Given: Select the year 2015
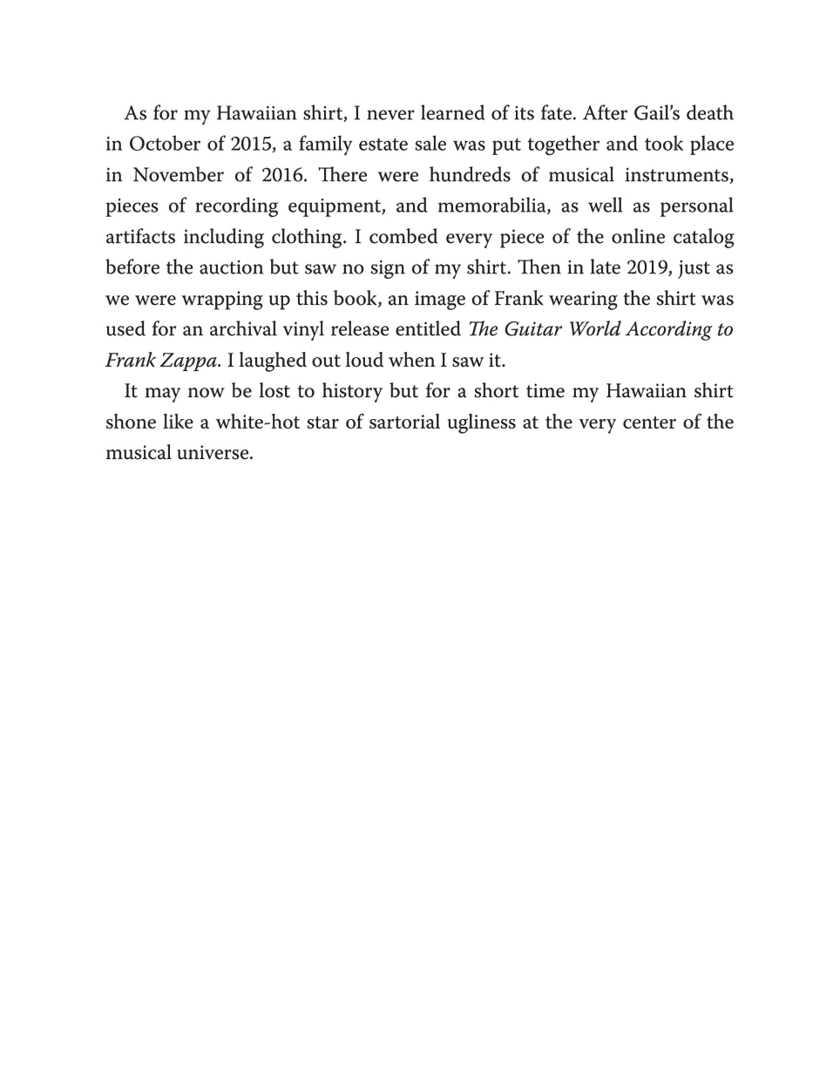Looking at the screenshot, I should pyautogui.click(x=253, y=145).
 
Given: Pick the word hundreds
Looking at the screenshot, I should pyautogui.click(x=471, y=175).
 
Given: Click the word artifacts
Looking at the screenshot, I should pyautogui.click(x=140, y=237).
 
